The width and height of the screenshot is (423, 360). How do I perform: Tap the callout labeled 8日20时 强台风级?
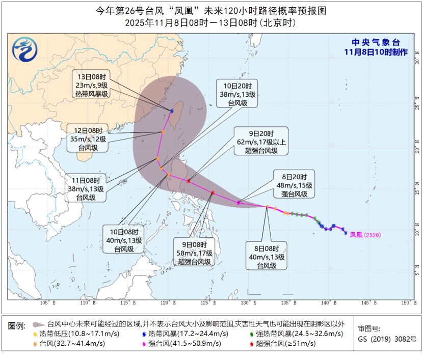tap(294, 184)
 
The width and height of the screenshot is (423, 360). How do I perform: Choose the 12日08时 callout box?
tap(88, 139)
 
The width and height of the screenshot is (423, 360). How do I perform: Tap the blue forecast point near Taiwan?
tap(172, 110)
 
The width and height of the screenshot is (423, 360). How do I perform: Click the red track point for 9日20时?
tap(189, 181)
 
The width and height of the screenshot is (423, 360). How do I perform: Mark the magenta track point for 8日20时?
tap(239, 203)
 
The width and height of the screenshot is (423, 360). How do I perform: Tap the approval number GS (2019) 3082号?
tap(387, 339)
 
